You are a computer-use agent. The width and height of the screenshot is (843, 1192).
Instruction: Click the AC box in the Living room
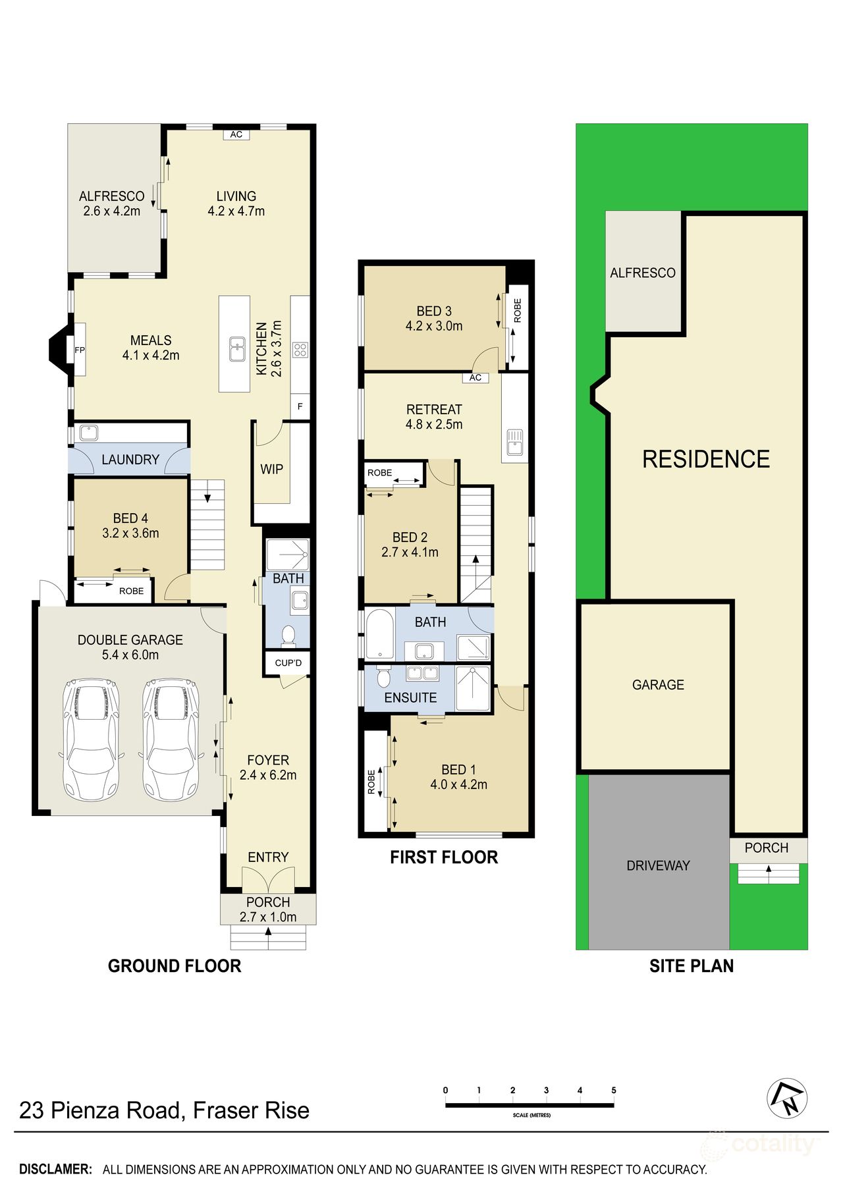(236, 134)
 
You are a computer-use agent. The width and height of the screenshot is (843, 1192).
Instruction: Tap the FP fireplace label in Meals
(80, 350)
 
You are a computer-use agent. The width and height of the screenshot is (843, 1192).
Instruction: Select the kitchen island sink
(237, 349)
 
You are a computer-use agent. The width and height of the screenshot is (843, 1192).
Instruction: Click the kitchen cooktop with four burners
(300, 350)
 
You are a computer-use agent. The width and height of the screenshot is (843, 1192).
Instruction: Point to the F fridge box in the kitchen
(300, 407)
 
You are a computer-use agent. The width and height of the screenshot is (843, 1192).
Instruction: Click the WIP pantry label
(272, 470)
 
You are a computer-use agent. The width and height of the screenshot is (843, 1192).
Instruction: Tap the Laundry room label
(130, 460)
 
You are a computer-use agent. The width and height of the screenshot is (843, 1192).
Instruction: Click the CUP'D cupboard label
(288, 663)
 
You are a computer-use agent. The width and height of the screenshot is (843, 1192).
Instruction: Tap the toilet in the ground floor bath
(288, 635)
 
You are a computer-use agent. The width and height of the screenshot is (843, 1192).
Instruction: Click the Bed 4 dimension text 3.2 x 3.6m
(130, 533)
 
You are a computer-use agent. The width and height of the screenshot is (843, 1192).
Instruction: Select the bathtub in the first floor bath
(379, 634)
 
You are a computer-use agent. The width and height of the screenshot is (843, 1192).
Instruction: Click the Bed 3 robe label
(518, 310)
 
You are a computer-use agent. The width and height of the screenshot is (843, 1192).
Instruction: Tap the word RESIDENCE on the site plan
(706, 459)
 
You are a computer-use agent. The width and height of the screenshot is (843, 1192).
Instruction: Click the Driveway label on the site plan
(658, 865)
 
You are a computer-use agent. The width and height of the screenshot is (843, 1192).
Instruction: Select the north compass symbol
(787, 1098)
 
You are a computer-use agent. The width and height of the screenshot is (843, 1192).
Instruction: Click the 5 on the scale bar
(613, 1091)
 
